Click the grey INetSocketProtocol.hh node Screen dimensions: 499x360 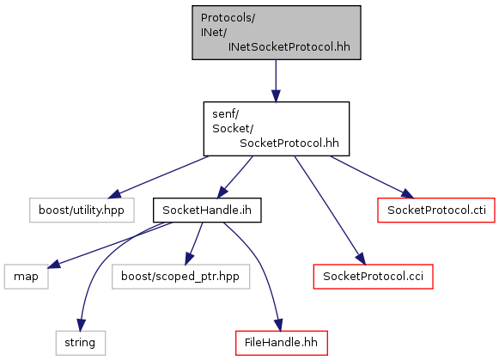277,33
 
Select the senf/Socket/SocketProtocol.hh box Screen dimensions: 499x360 277,129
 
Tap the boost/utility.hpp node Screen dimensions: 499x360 82,211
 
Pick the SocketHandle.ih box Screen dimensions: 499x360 207,211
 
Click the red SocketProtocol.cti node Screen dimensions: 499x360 436,211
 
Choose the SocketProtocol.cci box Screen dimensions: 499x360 373,277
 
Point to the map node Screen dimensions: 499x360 26,277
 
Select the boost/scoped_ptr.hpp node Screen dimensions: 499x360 180,277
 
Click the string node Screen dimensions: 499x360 80,343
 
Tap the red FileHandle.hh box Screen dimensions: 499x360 282,343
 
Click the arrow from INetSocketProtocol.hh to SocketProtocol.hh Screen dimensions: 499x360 276,81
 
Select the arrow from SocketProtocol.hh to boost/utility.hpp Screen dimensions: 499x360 159,177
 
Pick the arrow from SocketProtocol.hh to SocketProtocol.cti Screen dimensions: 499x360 372,177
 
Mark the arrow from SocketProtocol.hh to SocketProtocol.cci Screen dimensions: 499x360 330,211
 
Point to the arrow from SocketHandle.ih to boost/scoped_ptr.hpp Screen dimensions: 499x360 194,243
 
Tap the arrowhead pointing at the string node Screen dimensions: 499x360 81,326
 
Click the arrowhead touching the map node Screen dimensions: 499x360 54,264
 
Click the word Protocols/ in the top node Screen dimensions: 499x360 228,18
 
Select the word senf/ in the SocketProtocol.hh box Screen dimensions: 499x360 225,114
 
